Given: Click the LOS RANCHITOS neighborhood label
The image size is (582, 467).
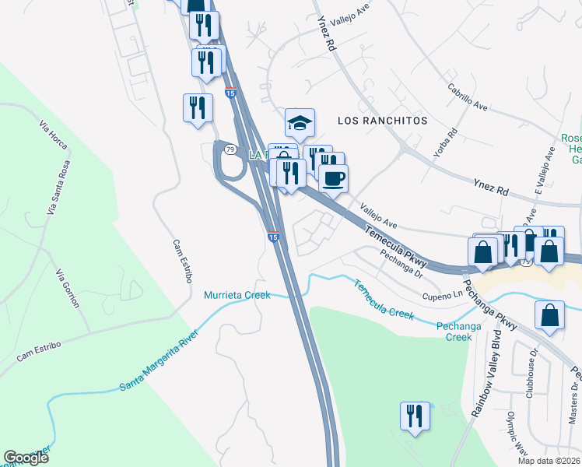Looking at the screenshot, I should tap(383, 121).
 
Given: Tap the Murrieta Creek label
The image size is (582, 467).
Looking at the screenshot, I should tap(237, 295).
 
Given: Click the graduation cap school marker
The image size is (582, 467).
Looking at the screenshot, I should tap(300, 122).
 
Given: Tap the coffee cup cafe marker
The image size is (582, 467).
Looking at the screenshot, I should tap(333, 178).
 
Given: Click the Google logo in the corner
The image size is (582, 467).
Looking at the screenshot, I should tap(26, 458).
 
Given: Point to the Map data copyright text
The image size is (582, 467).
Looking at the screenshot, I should tap(549, 461).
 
